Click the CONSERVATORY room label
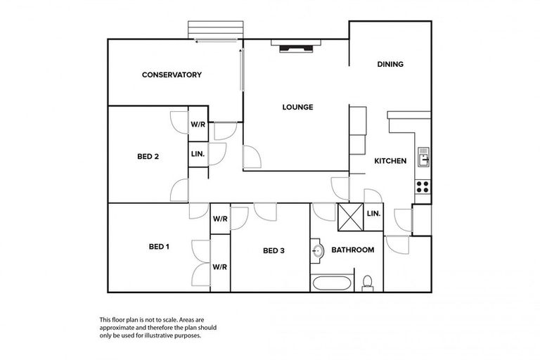coord(172,75)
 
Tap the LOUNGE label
coord(297,107)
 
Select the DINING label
coord(390,65)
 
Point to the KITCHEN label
coord(390,161)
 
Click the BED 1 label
coord(159,247)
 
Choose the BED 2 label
coord(148,157)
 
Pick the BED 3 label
coord(274,250)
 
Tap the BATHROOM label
coord(352,250)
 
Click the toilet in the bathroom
coord(366,283)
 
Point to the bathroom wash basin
coord(317,250)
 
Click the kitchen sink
coord(423,157)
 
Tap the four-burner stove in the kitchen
coord(423,186)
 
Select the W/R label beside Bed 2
coord(198,124)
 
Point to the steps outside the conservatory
coord(217,30)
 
